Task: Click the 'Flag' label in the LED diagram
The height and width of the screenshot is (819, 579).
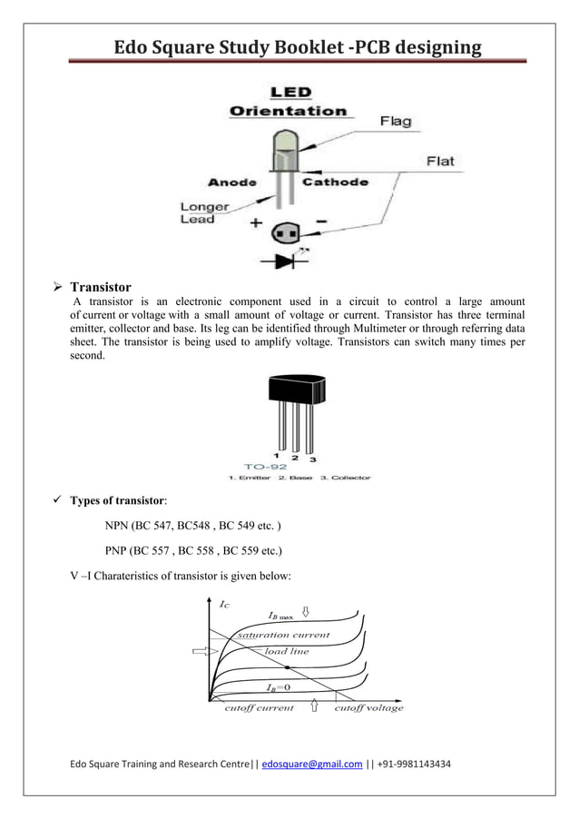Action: click(395, 121)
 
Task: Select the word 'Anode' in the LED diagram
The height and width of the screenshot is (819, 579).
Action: click(232, 181)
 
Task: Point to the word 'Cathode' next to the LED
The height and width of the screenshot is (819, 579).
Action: click(335, 182)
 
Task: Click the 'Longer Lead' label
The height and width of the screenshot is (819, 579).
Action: click(197, 212)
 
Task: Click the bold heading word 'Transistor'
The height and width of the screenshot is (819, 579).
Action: click(101, 288)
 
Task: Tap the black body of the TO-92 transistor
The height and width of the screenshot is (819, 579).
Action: click(296, 390)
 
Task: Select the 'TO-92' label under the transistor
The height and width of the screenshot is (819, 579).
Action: click(265, 466)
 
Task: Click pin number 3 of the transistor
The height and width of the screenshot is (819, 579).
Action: click(313, 459)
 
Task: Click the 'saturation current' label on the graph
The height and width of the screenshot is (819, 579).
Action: click(283, 635)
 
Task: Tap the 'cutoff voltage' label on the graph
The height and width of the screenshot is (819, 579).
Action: click(368, 708)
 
